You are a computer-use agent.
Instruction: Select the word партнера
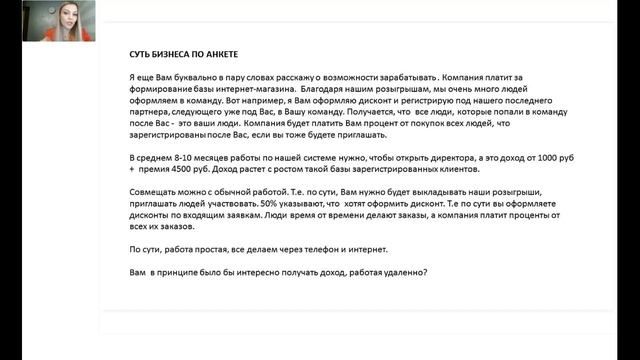click(151, 113)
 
